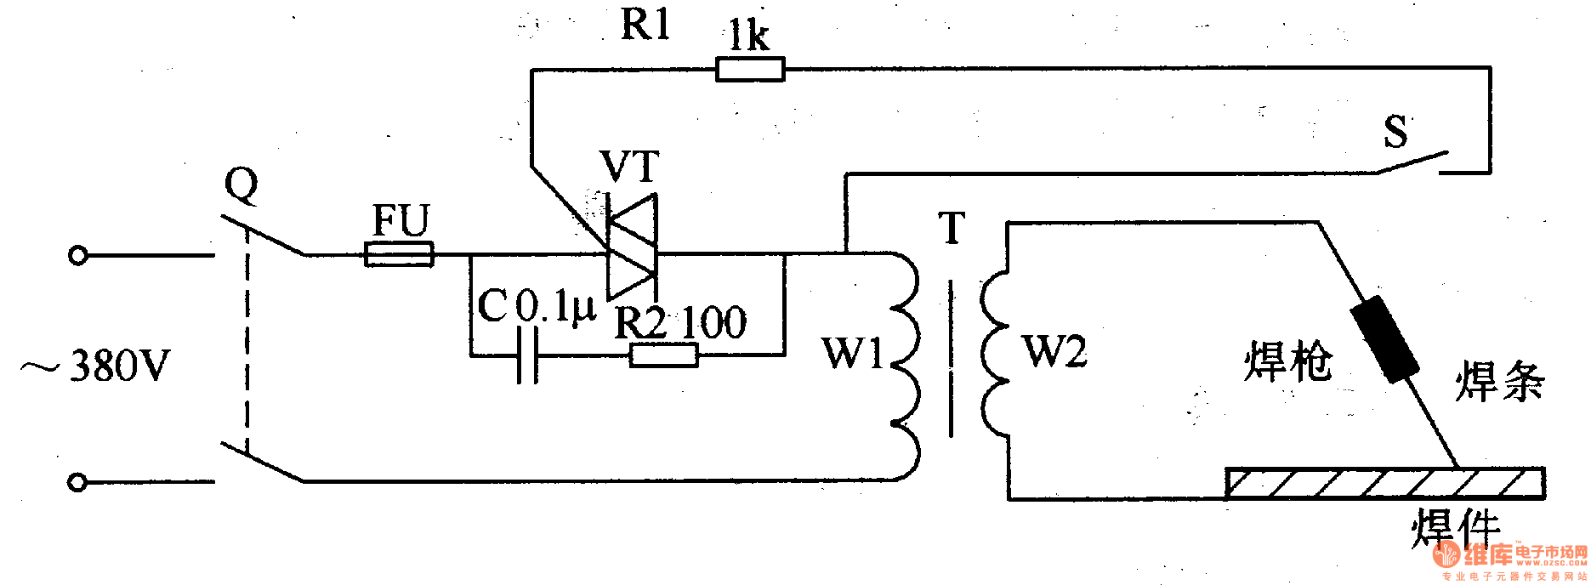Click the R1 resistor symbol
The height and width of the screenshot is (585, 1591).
(x=749, y=69)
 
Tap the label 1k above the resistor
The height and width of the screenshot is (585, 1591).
(x=748, y=36)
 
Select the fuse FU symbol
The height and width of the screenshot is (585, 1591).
(x=399, y=253)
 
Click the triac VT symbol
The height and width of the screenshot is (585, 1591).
(x=631, y=246)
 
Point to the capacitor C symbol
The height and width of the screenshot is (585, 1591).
(x=528, y=355)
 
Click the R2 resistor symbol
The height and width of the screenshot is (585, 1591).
(x=663, y=355)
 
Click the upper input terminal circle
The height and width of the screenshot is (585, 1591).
(x=77, y=255)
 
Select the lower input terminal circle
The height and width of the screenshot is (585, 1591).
(x=77, y=483)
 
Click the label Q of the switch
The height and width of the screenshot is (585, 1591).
(x=241, y=184)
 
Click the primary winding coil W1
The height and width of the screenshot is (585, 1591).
(x=906, y=366)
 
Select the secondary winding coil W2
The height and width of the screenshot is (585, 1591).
(x=993, y=353)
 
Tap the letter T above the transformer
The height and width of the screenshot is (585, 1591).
(x=952, y=227)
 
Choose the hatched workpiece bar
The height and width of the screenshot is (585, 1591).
(x=1384, y=483)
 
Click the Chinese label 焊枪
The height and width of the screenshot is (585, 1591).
(x=1287, y=361)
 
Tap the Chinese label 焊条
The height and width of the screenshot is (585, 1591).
(x=1499, y=380)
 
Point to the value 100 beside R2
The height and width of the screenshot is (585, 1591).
(x=713, y=322)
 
